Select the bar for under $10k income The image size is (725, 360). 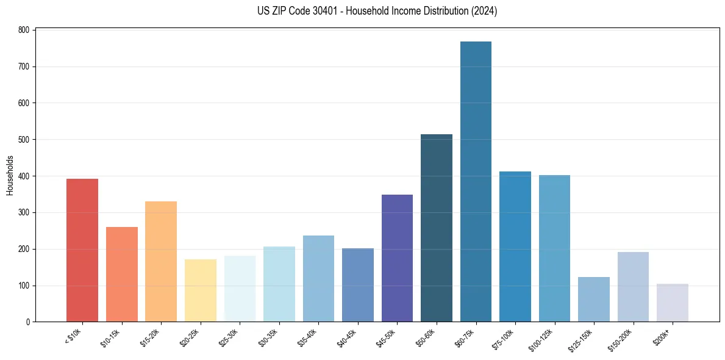pyautogui.click(x=82, y=250)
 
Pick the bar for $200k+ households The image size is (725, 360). pyautogui.click(x=672, y=303)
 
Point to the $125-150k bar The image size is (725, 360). pyautogui.click(x=593, y=300)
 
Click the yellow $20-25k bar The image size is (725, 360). pyautogui.click(x=201, y=290)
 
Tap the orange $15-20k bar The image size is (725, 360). pyautogui.click(x=161, y=262)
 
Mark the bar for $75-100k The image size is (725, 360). pyautogui.click(x=515, y=247)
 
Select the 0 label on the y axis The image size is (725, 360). pyautogui.click(x=28, y=322)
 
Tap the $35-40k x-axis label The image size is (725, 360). pyautogui.click(x=309, y=337)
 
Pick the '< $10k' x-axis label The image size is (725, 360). pyautogui.click(x=73, y=336)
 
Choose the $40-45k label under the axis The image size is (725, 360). pyautogui.click(x=348, y=337)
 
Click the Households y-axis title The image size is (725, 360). pyautogui.click(x=10, y=175)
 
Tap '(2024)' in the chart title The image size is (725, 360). pyautogui.click(x=484, y=11)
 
